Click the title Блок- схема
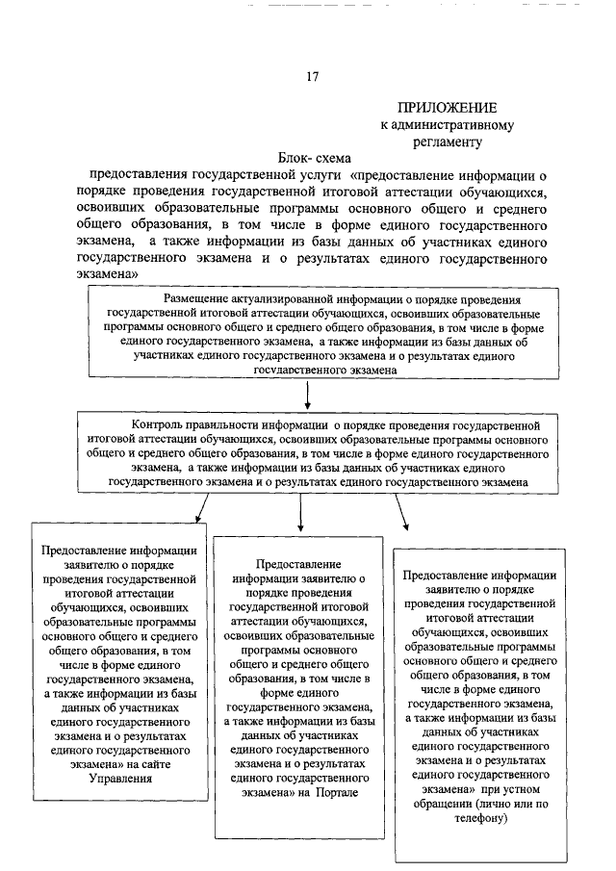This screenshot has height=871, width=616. [x=312, y=157]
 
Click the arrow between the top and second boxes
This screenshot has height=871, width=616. [x=307, y=396]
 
